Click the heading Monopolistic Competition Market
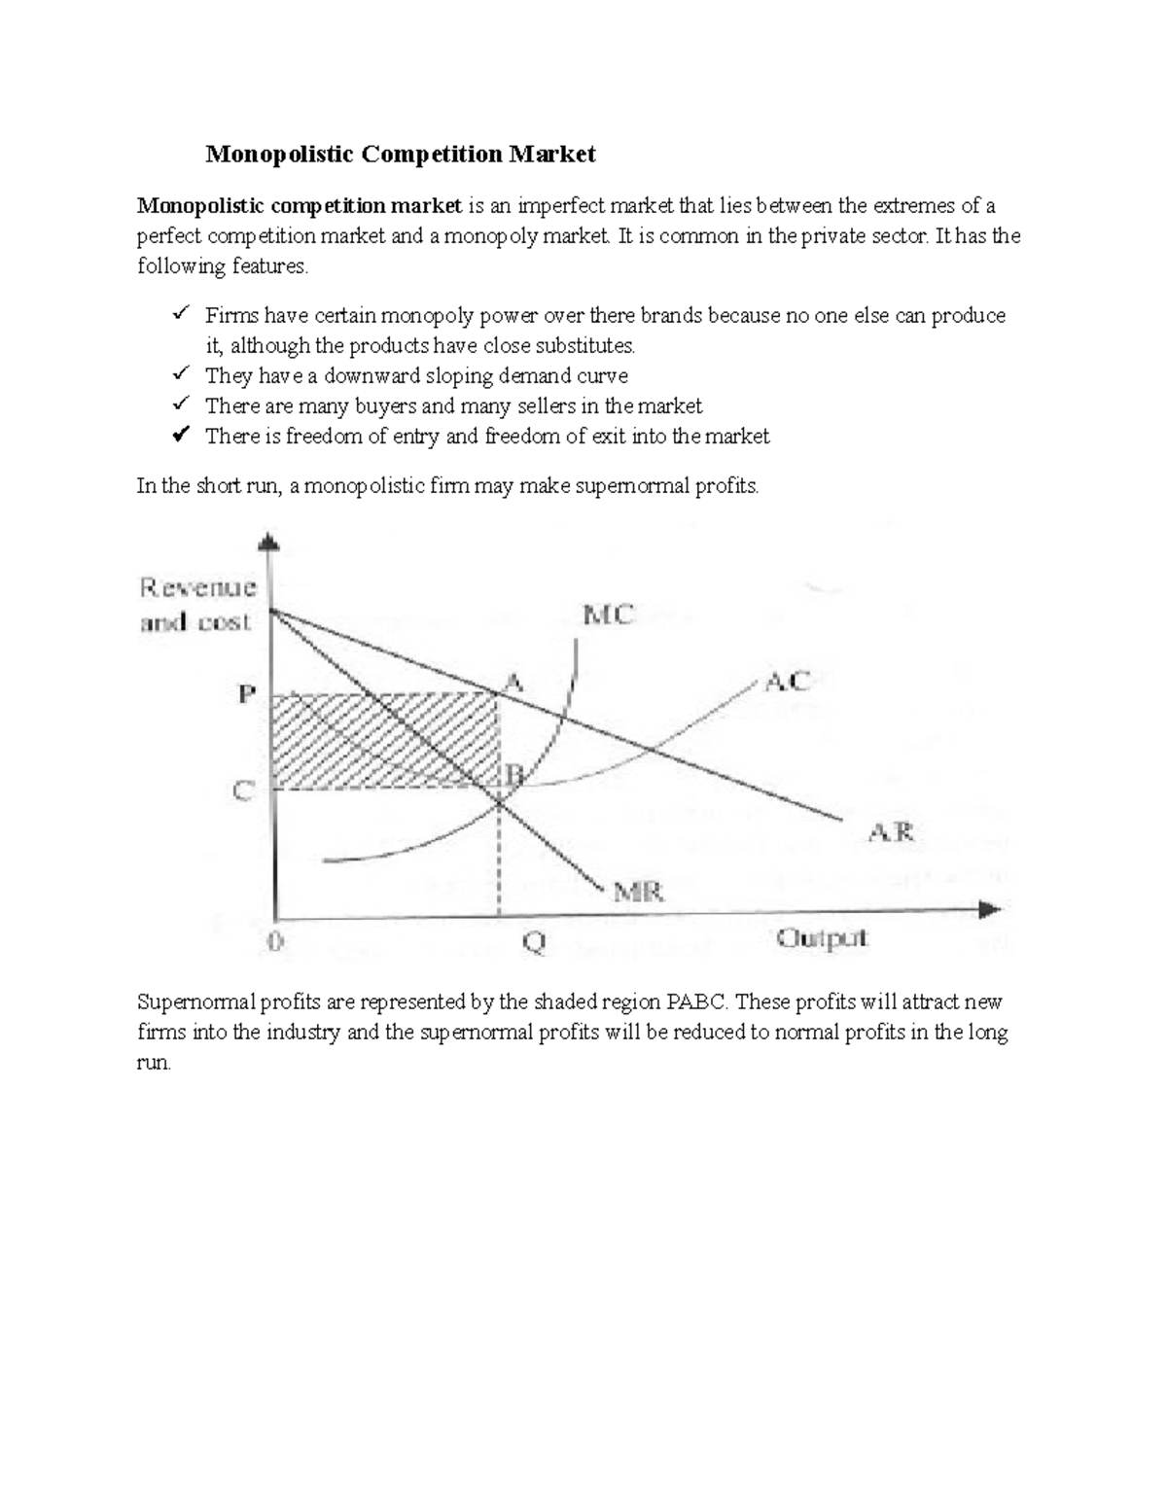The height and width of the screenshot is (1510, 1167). pos(400,154)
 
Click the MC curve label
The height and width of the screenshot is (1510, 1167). pos(608,615)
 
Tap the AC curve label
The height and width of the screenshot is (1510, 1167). pos(787,682)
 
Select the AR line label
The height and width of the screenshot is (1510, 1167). pos(890,832)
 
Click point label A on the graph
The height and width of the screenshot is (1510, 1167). pos(513,684)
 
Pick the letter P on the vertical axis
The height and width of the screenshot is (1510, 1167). pos(247,695)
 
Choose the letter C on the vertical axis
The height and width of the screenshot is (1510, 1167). pos(243,791)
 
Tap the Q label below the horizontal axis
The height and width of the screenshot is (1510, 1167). pos(534,942)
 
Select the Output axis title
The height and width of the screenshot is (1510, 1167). pos(822,939)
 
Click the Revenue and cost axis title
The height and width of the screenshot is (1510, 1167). pos(198,604)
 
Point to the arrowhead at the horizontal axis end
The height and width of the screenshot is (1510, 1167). pos(989,910)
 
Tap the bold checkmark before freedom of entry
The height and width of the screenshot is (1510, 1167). pos(180,435)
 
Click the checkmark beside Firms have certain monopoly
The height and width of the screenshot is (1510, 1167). pos(180,314)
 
